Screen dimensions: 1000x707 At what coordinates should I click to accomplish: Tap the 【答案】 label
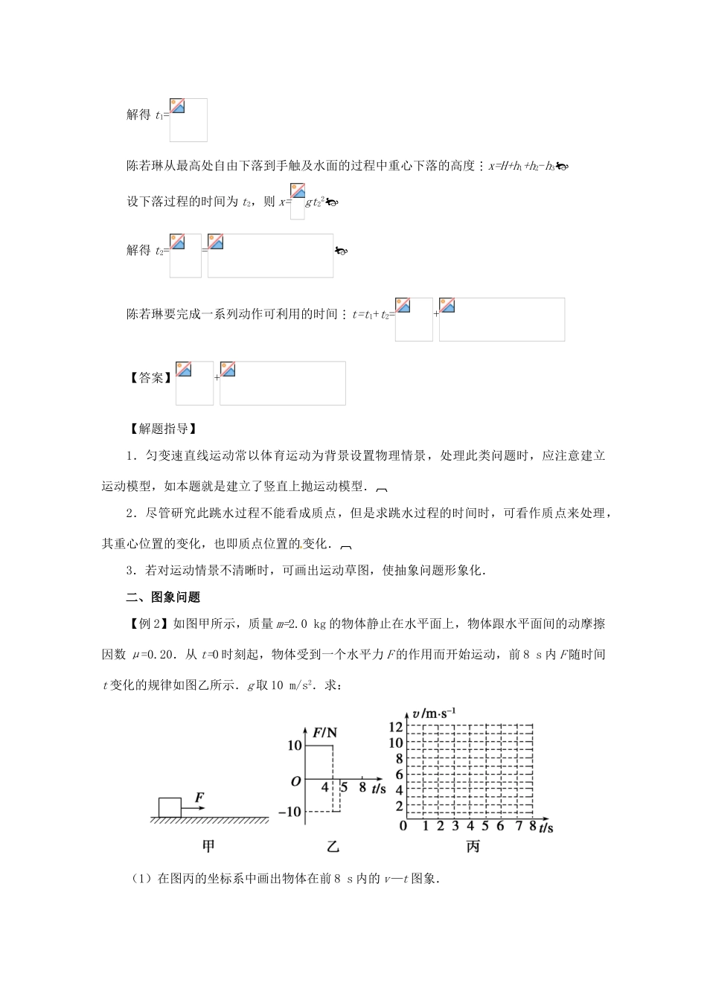click(x=151, y=378)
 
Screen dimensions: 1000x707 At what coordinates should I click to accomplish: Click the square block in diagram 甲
click(x=170, y=807)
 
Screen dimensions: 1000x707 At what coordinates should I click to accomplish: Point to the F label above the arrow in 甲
click(x=199, y=798)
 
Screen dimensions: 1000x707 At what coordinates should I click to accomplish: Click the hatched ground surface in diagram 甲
click(x=209, y=820)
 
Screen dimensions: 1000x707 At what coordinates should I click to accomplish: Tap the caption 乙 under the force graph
click(x=333, y=846)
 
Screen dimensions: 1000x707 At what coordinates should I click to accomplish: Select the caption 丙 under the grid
click(x=473, y=846)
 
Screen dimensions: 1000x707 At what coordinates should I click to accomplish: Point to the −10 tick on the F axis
click(x=290, y=812)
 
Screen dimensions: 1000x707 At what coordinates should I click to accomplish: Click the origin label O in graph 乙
click(x=295, y=781)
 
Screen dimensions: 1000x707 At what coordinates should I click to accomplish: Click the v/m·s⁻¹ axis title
click(x=429, y=714)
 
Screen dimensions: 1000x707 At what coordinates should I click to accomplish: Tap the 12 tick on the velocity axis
click(x=395, y=727)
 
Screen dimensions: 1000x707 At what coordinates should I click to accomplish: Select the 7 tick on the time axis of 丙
click(x=516, y=825)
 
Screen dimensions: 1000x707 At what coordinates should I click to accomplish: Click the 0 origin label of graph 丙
click(x=403, y=825)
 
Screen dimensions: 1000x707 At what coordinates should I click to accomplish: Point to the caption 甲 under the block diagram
click(x=209, y=846)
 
